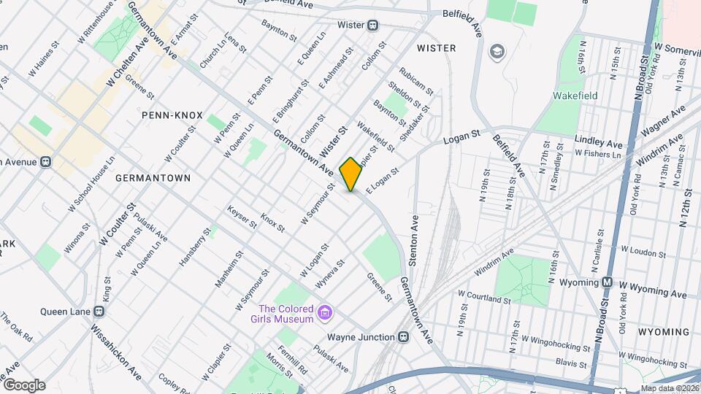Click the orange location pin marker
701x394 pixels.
point(350,174)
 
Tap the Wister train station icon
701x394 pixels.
point(373,25)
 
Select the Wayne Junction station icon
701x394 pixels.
point(403,337)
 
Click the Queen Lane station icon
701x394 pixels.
point(99,311)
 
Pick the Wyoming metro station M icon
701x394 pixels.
point(607,282)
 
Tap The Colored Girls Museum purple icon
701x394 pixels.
point(326,314)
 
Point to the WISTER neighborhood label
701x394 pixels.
point(436,48)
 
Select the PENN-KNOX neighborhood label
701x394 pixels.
point(172,115)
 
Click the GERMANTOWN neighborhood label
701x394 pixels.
point(153,177)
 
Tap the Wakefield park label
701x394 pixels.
point(575,96)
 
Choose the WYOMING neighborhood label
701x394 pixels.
point(664,332)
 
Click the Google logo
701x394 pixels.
point(24,385)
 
